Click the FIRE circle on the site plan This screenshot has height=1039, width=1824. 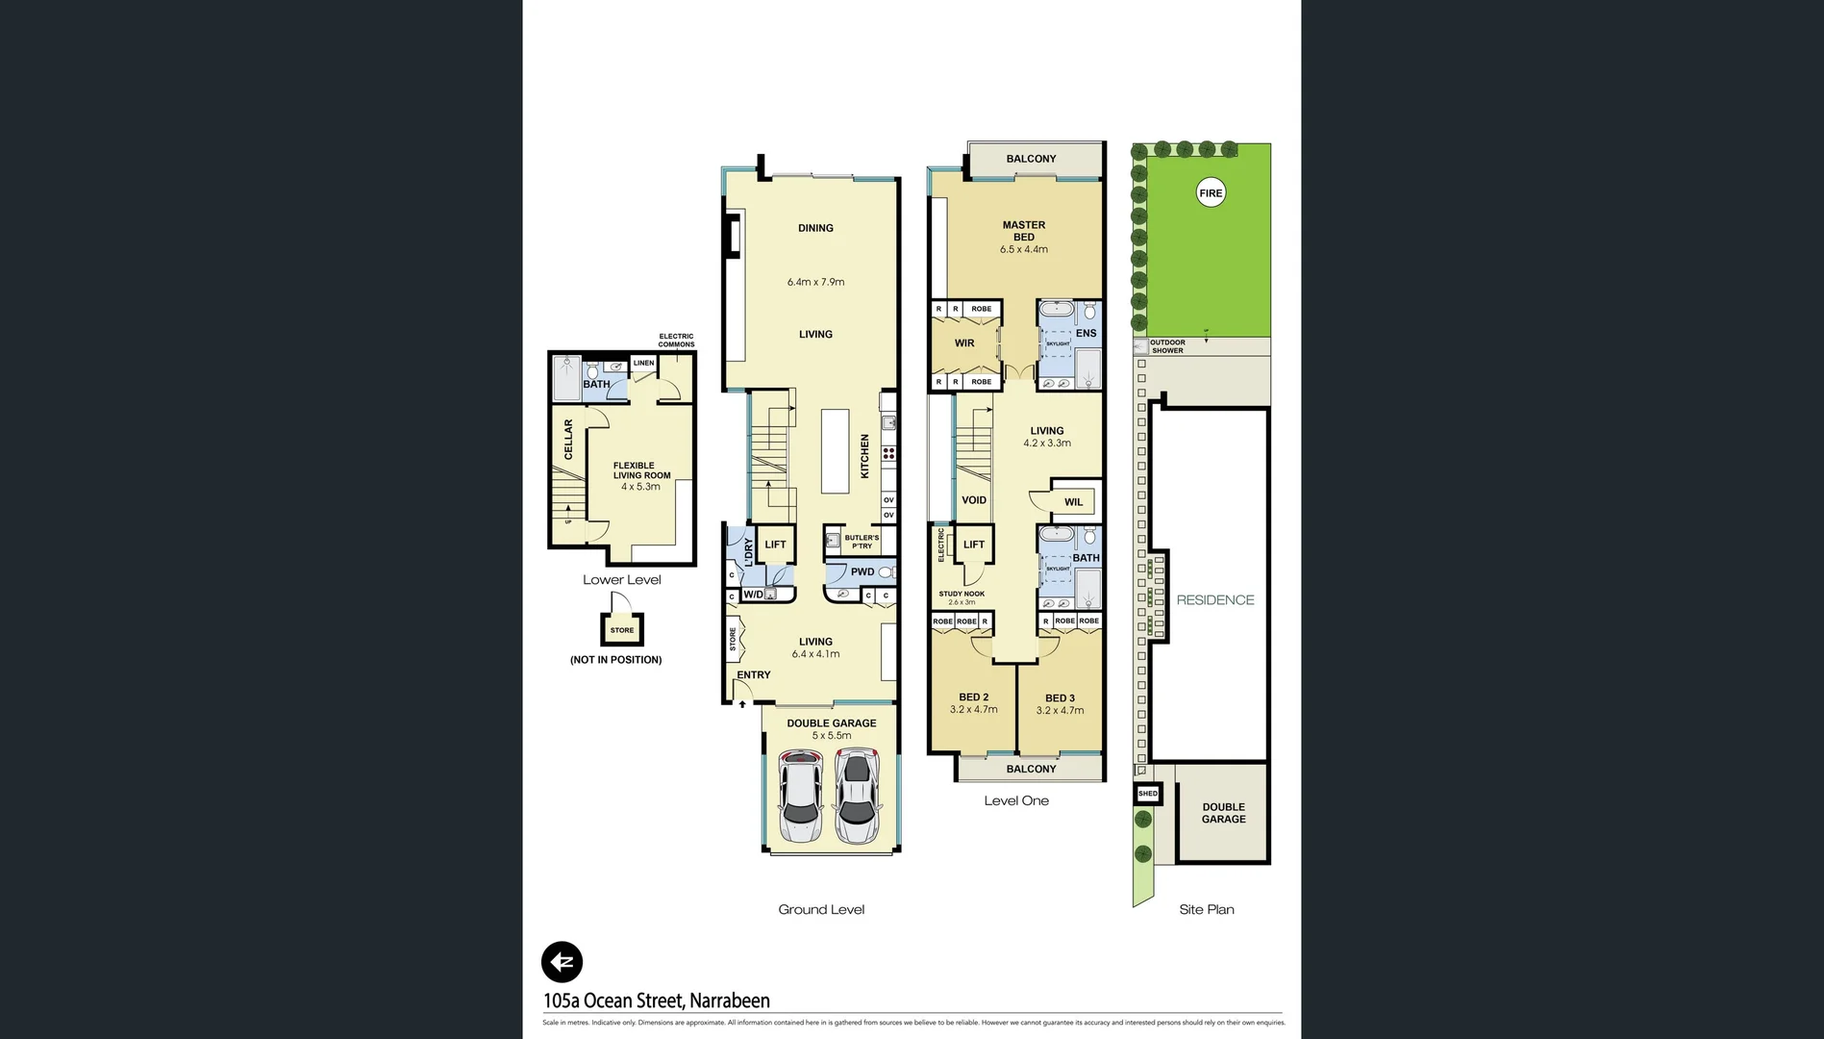[x=1211, y=193]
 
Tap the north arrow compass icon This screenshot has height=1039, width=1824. [x=562, y=961]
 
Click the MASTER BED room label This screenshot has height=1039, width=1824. [x=1023, y=231]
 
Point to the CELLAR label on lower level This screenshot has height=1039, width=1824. [x=568, y=439]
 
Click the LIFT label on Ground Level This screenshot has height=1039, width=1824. [x=775, y=545]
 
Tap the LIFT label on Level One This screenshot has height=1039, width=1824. [x=974, y=545]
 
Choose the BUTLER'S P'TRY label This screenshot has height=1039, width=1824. [x=862, y=542]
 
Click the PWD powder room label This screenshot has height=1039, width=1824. [x=862, y=571]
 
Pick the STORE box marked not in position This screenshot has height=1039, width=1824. [x=622, y=630]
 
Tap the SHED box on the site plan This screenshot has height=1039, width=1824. [x=1148, y=794]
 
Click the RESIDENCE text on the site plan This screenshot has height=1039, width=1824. [x=1215, y=599]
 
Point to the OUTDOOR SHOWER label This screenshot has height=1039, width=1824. [x=1167, y=346]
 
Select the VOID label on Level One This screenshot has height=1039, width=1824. [x=974, y=500]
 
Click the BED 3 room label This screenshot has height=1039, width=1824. [x=1060, y=698]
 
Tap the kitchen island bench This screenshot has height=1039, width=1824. [x=835, y=451]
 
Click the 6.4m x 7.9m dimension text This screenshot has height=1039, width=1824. [x=815, y=282]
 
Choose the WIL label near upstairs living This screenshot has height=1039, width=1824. [x=1073, y=502]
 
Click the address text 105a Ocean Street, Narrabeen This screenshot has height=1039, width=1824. [x=657, y=1001]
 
